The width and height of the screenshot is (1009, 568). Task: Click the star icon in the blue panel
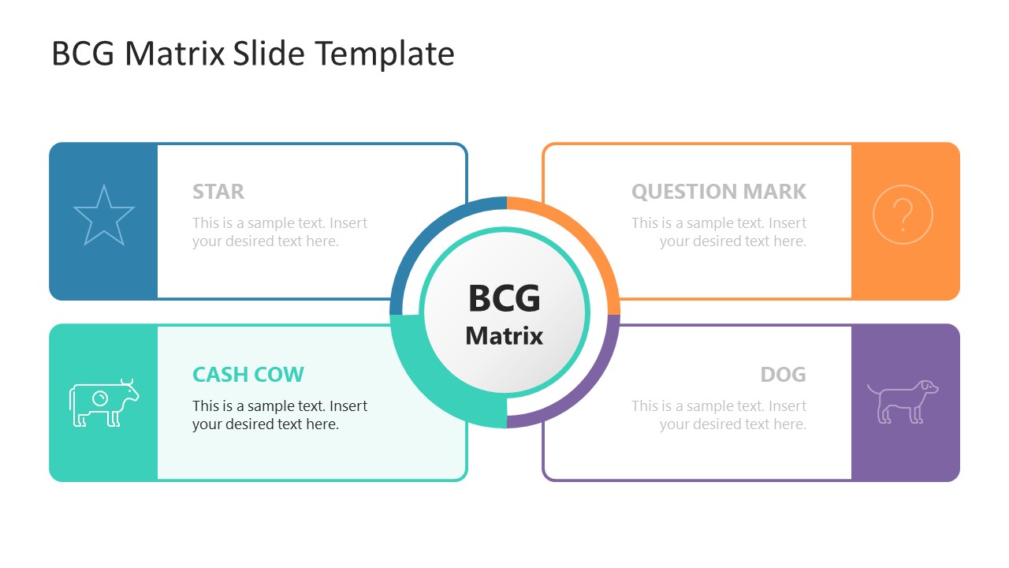[103, 215]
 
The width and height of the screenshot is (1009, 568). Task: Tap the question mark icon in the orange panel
[903, 215]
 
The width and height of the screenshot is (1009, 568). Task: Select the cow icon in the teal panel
[103, 403]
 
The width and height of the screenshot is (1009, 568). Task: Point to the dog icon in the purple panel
[903, 401]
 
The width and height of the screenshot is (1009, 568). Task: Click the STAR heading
[218, 192]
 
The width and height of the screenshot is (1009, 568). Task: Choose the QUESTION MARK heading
[718, 192]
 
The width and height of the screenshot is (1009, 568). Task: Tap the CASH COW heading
[248, 374]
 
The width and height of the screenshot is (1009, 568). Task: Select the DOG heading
[783, 374]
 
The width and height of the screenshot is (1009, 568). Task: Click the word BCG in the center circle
[504, 299]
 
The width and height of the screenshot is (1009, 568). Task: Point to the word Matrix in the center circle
[504, 336]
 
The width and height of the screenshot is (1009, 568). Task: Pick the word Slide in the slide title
[270, 54]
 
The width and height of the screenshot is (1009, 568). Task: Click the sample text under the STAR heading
[280, 232]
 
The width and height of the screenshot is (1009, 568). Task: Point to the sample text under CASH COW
[280, 415]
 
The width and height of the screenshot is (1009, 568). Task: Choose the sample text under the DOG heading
[718, 415]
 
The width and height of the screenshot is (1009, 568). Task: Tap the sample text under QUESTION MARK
[718, 232]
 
